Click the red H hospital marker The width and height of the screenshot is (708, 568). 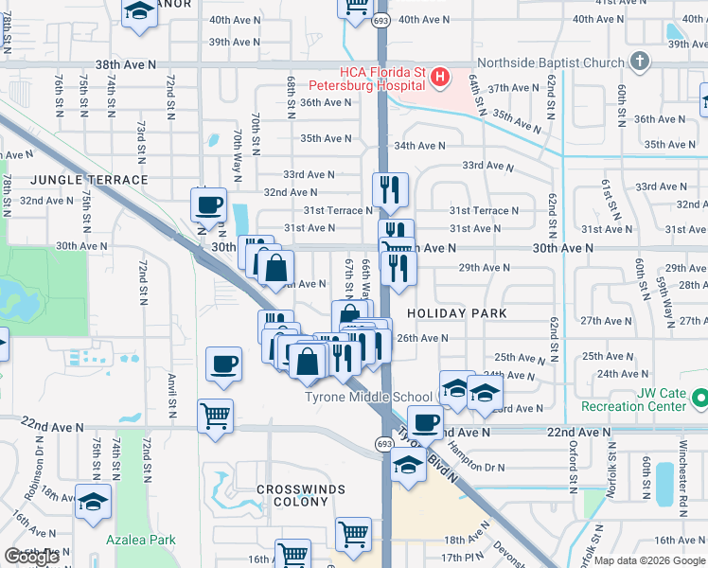(439, 77)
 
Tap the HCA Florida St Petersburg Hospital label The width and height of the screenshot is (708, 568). (382, 79)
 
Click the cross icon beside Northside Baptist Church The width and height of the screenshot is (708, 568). (640, 62)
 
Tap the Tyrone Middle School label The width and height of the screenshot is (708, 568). (368, 397)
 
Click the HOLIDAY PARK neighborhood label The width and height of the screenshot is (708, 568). (457, 313)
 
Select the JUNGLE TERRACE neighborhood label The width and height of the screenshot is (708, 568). (88, 180)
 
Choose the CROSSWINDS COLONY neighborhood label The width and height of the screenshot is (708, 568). (300, 489)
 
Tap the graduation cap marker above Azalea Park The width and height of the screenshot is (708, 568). (93, 503)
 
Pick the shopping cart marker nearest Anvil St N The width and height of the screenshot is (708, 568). (215, 414)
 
